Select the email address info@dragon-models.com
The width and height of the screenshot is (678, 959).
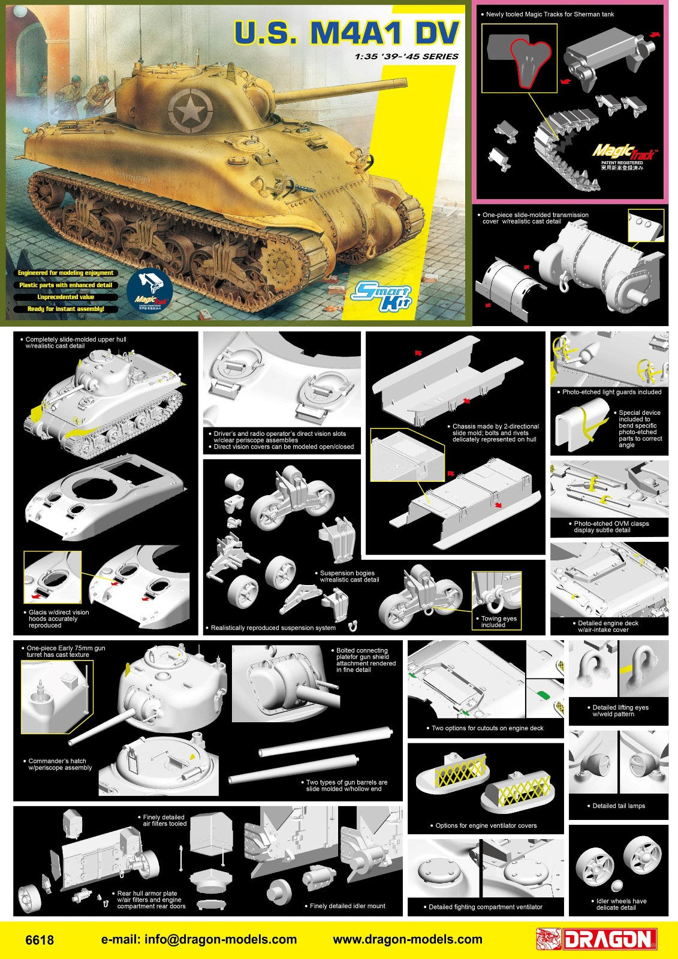[199, 939]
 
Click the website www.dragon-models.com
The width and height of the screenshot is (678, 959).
[408, 939]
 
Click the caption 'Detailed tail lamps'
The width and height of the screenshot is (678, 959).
[619, 806]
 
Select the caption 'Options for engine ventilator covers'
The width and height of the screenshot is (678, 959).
[486, 825]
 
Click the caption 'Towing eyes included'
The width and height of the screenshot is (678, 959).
[499, 622]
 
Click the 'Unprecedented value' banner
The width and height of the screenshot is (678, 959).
[66, 297]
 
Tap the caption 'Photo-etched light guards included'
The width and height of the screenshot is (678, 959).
[611, 392]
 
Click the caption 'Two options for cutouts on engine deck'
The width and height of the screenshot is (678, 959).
[487, 728]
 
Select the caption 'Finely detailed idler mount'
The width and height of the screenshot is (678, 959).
[348, 906]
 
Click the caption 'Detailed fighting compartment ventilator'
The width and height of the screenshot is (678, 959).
[486, 907]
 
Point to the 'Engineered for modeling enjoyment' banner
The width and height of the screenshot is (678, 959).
[66, 273]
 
